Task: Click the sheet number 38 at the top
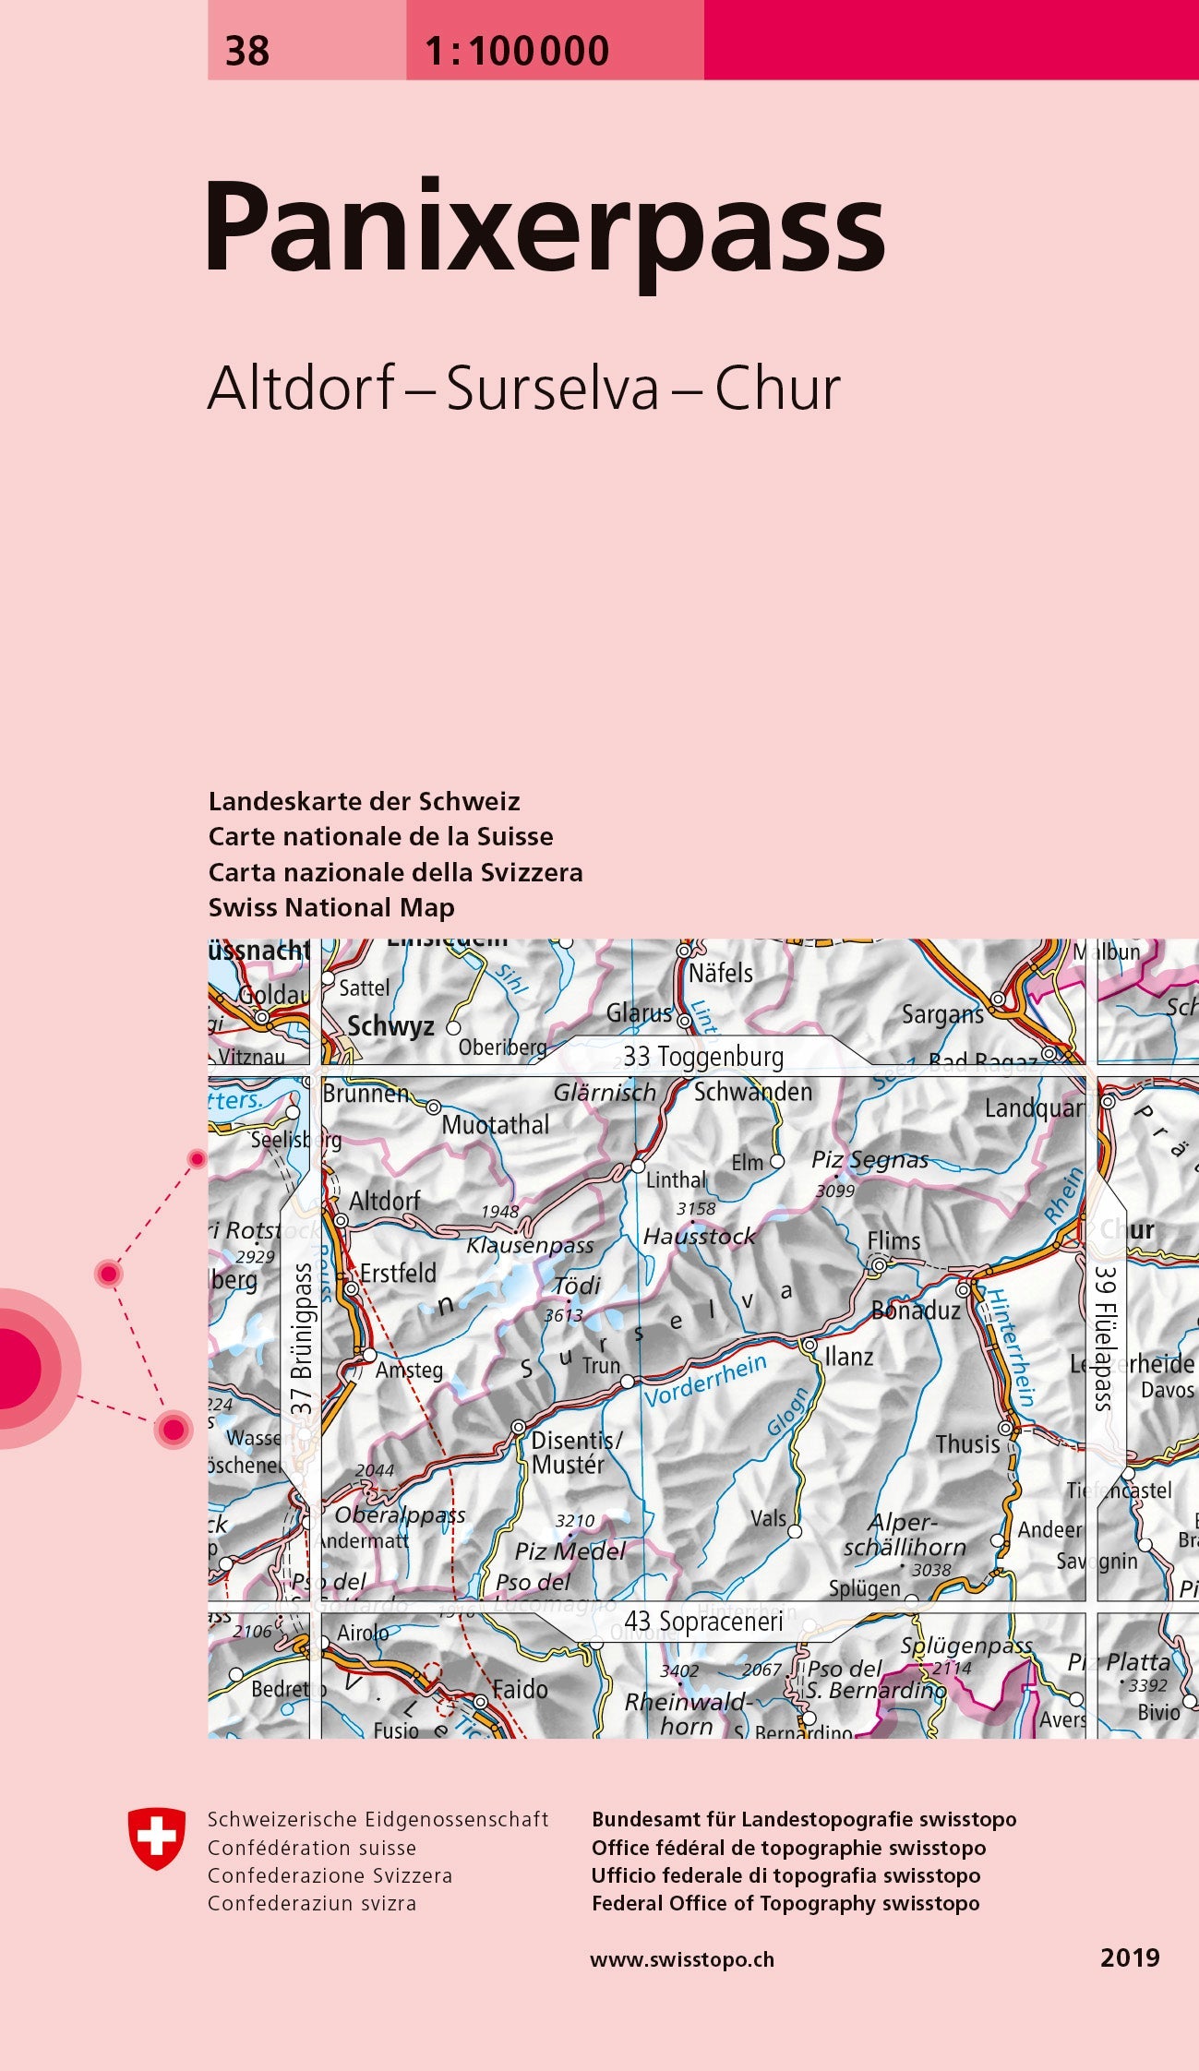[247, 51]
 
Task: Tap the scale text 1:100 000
[517, 51]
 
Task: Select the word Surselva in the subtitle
[553, 389]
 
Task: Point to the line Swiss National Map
[331, 908]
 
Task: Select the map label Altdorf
[384, 1201]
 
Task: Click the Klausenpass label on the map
[530, 1245]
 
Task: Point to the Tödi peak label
[577, 1285]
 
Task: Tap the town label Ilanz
[849, 1357]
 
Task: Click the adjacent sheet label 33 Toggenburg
[703, 1057]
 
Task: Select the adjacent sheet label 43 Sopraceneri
[703, 1622]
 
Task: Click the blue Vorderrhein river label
[705, 1381]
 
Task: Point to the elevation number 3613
[562, 1315]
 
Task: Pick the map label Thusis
[967, 1444]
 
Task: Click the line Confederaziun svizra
[312, 1903]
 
